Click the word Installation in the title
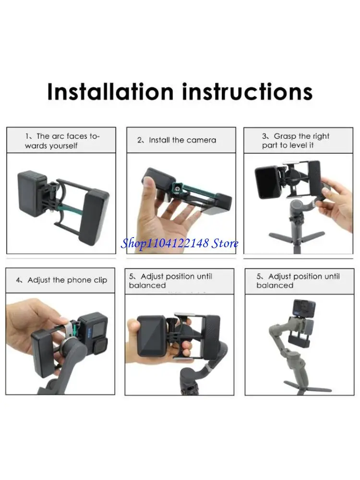110,91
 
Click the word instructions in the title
247,91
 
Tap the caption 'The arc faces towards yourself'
62,141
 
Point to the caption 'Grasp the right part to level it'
295,141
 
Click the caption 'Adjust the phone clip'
62,280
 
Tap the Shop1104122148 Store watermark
180,243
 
